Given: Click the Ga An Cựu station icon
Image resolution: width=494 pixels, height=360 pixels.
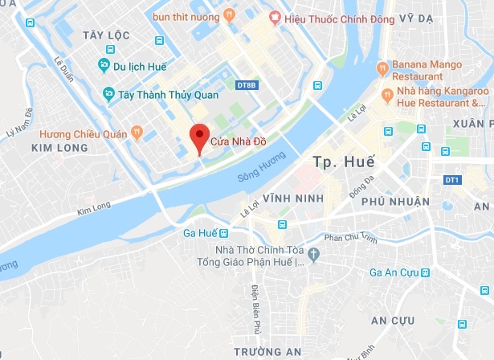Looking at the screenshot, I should (x=425, y=273).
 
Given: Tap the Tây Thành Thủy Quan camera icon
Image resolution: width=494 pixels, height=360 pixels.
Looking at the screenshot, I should (x=108, y=95).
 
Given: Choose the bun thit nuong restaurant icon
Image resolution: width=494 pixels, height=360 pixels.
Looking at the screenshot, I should (x=230, y=14).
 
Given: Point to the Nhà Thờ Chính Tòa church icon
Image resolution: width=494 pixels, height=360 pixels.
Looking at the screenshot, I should (x=314, y=255).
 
